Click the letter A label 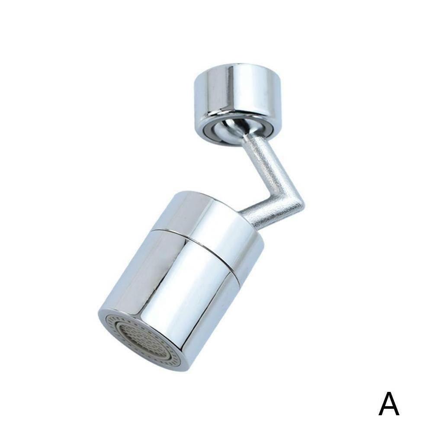pyautogui.click(x=389, y=404)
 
